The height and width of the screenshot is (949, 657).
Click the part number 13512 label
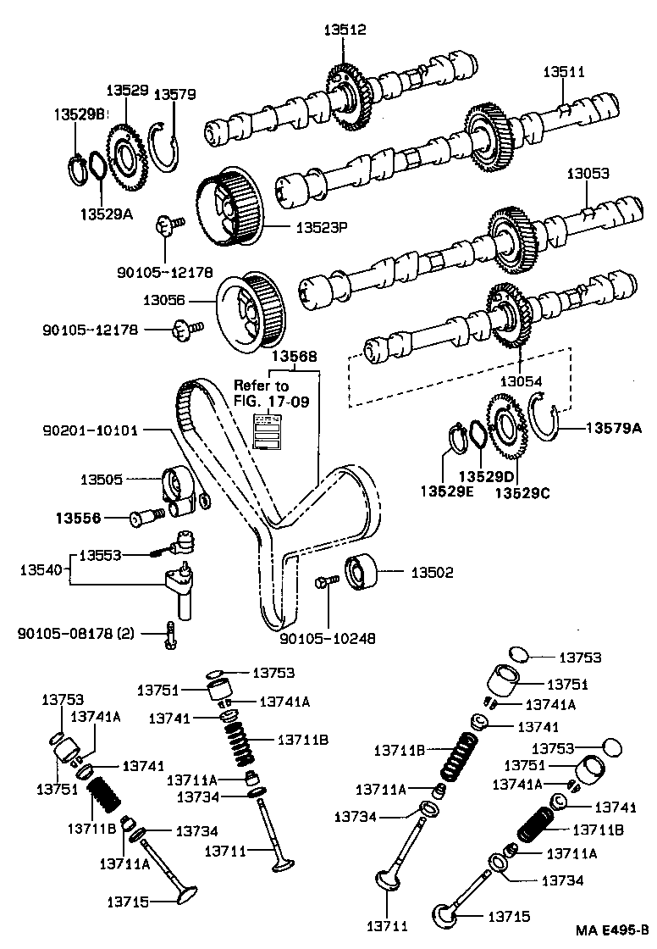[x=345, y=30]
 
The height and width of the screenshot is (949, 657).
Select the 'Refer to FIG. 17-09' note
[x=261, y=393]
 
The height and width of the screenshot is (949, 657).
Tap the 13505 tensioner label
[x=102, y=480]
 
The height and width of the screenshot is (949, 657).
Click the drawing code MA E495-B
[x=606, y=931]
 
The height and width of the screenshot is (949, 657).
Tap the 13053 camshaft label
[x=588, y=173]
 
